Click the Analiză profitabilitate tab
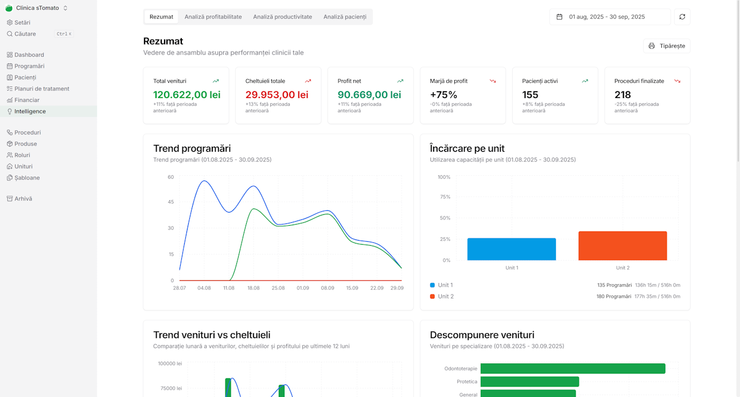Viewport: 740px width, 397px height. (213, 17)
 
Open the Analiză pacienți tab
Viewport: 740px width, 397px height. (344, 17)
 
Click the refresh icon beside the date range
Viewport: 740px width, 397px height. (682, 17)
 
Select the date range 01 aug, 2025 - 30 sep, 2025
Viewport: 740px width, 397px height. (609, 17)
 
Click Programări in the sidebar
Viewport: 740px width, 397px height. (29, 66)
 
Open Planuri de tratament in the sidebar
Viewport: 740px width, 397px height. (41, 89)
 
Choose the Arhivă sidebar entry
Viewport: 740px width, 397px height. (23, 199)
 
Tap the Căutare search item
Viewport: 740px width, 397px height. (25, 34)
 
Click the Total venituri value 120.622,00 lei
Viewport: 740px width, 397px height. (186, 95)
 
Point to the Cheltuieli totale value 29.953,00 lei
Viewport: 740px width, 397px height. (276, 95)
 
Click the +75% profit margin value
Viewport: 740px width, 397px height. (443, 95)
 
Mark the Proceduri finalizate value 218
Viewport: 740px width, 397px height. (622, 95)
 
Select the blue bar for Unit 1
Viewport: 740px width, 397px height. (511, 249)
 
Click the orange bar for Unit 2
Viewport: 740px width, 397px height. (622, 246)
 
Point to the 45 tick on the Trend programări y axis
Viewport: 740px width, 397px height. (170, 202)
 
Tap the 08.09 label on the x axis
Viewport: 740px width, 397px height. (328, 288)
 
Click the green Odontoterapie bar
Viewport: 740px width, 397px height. (572, 368)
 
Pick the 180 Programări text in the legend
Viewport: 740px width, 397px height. (614, 296)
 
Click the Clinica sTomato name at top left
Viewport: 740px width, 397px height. (37, 8)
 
